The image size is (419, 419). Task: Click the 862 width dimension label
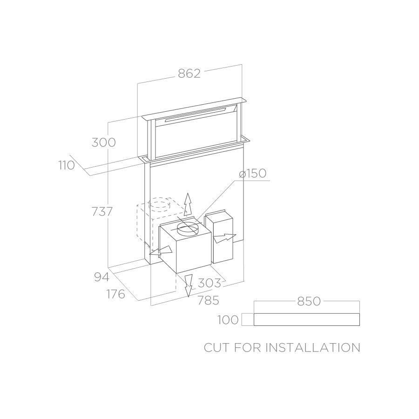click(189, 74)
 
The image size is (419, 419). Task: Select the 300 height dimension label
click(104, 142)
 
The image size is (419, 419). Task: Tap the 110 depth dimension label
click(67, 165)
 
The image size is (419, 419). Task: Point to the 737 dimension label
click(102, 212)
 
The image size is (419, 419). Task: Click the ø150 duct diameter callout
click(253, 173)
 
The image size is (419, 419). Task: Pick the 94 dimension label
click(102, 277)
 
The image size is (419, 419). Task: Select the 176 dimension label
click(116, 294)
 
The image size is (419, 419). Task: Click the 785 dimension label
click(208, 300)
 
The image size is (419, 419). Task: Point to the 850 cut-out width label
click(309, 301)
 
